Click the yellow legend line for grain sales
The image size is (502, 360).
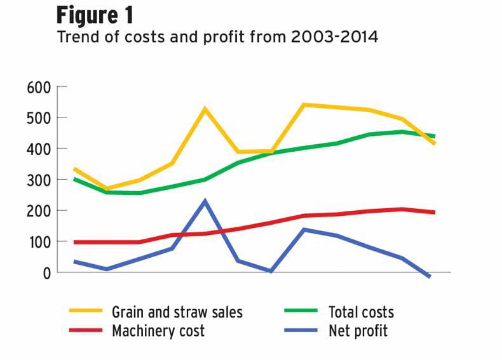(x=86, y=312)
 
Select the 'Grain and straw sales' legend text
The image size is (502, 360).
(x=177, y=312)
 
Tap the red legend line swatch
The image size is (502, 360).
(x=86, y=331)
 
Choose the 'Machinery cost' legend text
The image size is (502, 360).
(x=158, y=331)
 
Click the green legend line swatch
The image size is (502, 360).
(x=302, y=312)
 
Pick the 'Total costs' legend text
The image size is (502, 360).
(x=361, y=312)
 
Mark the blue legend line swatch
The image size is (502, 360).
(x=302, y=331)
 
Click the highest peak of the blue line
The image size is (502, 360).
(x=205, y=202)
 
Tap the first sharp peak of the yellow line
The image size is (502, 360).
(x=205, y=109)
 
